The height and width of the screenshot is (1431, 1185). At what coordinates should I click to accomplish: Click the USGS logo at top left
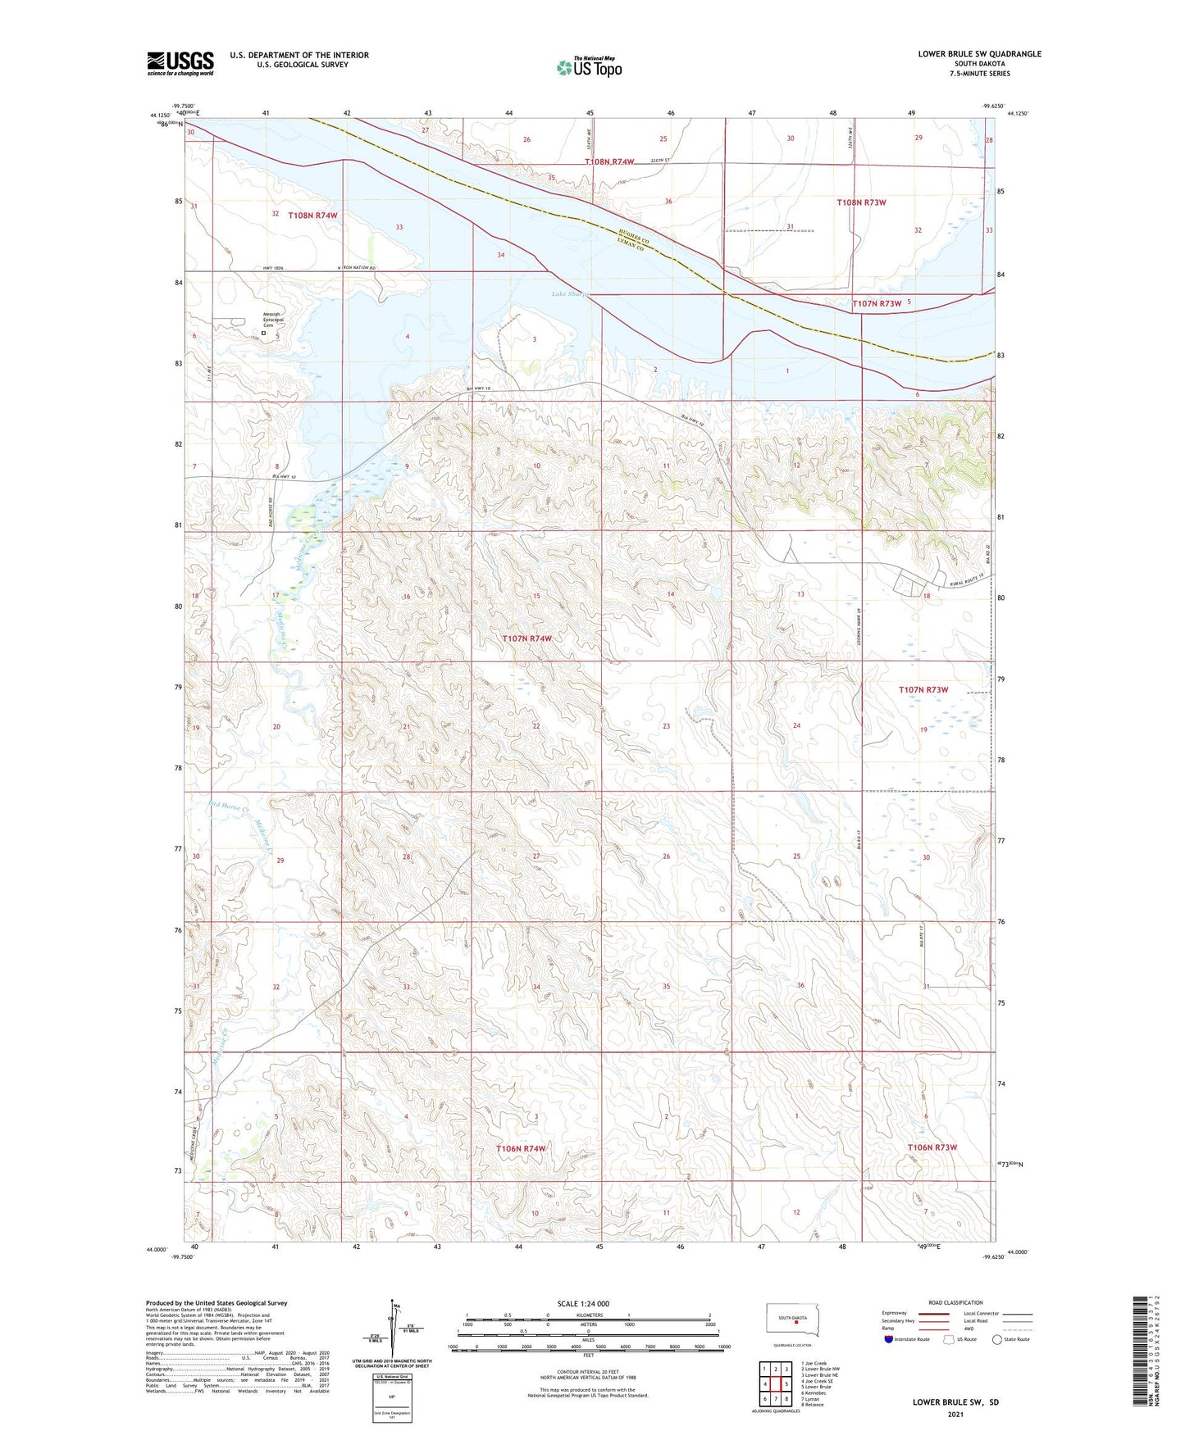[x=180, y=63]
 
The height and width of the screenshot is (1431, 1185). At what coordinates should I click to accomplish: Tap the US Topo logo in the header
[x=589, y=67]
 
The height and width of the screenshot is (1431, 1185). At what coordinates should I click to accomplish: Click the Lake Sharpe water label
[x=569, y=294]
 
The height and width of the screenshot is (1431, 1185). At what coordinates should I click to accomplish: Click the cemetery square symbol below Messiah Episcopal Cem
[x=263, y=334]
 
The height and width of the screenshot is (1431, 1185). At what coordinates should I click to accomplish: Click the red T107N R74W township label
[x=526, y=638]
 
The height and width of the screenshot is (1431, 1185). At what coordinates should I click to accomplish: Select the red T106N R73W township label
[x=932, y=1147]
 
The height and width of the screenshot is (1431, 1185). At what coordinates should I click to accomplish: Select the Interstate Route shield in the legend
[x=890, y=1340]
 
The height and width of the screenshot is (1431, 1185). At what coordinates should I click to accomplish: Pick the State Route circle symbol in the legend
[x=997, y=1340]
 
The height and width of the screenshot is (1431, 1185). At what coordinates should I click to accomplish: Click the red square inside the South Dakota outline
[x=795, y=1320]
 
